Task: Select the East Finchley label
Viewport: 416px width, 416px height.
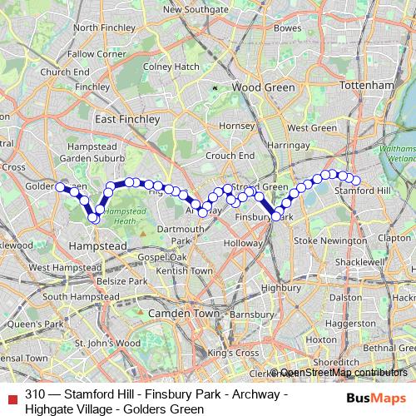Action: click(x=127, y=120)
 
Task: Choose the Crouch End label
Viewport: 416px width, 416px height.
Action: click(x=230, y=156)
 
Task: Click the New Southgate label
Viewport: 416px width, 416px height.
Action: click(x=196, y=10)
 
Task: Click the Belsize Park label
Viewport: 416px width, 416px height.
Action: click(x=123, y=281)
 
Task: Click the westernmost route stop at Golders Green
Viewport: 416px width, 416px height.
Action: click(x=60, y=187)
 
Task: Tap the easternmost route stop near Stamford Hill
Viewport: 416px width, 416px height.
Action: click(x=356, y=181)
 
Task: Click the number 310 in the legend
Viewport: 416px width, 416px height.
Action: click(x=35, y=394)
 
